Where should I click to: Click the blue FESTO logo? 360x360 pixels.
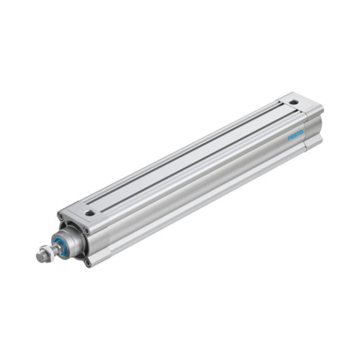coord(296,135)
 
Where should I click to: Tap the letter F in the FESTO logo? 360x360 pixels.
coord(289,138)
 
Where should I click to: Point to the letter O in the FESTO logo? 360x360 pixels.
coord(302,132)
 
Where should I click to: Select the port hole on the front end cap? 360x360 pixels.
coord(90,213)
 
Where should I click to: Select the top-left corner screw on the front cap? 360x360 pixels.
coord(61,216)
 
